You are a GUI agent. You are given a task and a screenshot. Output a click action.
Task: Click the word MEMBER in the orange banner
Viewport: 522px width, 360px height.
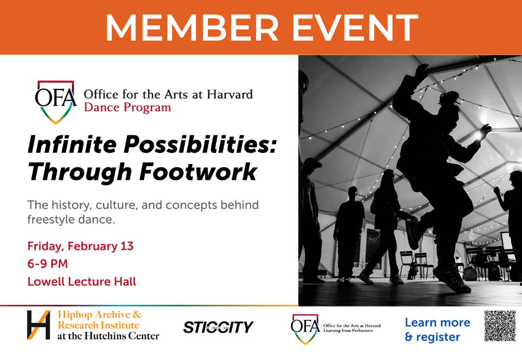192,27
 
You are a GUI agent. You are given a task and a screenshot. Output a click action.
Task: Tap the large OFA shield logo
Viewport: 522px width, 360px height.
56,102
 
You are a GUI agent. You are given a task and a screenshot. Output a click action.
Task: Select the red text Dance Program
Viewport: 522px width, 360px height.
128,108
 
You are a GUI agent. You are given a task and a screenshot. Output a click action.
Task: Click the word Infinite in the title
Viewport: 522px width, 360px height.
72,145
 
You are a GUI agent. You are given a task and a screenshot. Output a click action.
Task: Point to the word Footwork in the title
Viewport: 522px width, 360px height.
199,172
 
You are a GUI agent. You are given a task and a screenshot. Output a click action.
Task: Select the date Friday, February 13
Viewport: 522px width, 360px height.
80,246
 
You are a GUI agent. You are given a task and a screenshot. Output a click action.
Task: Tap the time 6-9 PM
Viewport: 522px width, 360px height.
47,264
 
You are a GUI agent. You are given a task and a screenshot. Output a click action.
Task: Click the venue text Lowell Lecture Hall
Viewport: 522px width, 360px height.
82,282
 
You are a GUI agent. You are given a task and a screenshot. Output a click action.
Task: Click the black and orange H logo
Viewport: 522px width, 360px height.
39,325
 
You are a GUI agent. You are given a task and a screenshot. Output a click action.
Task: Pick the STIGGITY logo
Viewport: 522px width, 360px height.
218,327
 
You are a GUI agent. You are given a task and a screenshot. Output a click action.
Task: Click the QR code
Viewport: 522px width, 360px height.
500,326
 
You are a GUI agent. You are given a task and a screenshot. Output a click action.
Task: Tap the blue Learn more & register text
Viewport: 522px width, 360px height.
437,330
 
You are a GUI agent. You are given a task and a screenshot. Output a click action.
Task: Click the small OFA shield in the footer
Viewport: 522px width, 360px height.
305,329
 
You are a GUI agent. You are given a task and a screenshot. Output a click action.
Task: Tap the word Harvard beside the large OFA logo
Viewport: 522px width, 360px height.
230,95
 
